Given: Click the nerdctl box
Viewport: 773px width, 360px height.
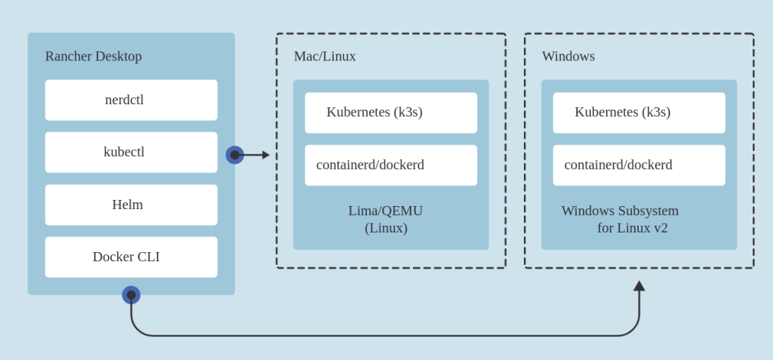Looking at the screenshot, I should [131, 100].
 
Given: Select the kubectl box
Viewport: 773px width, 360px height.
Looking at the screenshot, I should [131, 152].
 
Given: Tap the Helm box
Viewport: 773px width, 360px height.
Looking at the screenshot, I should [131, 205].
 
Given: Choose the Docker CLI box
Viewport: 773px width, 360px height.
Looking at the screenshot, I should [131, 257].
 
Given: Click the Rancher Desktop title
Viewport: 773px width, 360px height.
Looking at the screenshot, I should [93, 56].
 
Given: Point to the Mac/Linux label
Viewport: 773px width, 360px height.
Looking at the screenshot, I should [325, 56].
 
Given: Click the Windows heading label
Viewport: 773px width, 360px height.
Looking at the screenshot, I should [568, 56].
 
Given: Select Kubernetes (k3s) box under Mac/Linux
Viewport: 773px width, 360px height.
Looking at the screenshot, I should [390, 112].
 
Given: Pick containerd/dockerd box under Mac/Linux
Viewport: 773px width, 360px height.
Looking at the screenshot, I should [390, 165].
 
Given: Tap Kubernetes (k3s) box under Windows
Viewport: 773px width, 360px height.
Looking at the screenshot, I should [639, 112].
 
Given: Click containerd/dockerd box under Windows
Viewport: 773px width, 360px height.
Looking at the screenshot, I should [639, 165].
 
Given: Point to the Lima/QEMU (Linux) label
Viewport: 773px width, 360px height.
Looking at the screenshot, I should [386, 219].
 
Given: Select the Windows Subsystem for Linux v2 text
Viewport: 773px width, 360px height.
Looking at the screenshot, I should [621, 219].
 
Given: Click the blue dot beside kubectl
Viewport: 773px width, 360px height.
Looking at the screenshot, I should [235, 155].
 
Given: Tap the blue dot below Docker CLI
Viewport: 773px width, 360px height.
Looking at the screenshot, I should [131, 295].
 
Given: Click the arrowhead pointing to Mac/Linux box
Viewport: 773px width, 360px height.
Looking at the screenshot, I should [266, 155].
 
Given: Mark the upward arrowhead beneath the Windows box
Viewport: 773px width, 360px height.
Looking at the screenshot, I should [639, 286].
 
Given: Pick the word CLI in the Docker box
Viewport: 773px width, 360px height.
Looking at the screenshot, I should [148, 257].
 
